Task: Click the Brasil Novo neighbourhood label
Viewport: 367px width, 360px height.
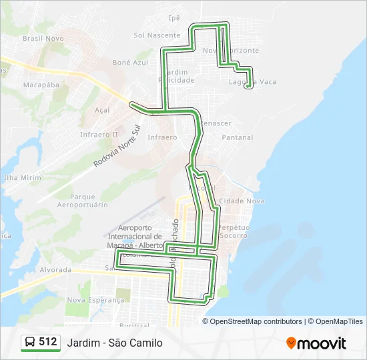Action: click(43, 39)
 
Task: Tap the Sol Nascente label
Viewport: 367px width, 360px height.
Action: click(157, 35)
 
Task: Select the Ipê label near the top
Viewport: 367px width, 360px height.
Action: click(194, 18)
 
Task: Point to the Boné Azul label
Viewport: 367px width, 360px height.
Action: click(130, 62)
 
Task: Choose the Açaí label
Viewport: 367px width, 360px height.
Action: click(102, 110)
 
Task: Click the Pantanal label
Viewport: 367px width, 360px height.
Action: click(238, 137)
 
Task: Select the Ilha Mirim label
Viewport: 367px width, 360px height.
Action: click(22, 178)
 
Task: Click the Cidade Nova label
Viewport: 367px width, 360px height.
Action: click(242, 201)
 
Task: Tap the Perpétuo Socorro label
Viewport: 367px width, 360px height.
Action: click(234, 232)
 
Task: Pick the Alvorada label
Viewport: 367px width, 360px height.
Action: click(55, 270)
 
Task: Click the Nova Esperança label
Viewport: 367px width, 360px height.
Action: click(95, 300)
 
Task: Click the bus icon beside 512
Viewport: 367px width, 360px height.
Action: click(30, 343)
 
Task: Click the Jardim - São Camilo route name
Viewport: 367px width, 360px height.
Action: click(114, 343)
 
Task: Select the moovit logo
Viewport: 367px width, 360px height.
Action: click(316, 343)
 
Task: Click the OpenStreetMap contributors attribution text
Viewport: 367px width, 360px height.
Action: click(256, 321)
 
